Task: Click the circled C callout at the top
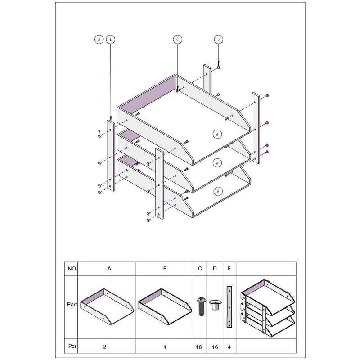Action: [x=177, y=40]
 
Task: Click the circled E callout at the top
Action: [x=110, y=40]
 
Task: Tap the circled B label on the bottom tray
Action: [x=218, y=191]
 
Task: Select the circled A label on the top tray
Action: [x=217, y=134]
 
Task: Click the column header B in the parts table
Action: [x=165, y=268]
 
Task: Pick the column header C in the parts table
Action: [x=200, y=268]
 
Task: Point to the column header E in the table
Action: [x=229, y=268]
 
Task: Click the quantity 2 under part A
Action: [x=105, y=346]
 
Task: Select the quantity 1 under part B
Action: [x=165, y=347]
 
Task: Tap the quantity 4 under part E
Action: [x=229, y=347]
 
